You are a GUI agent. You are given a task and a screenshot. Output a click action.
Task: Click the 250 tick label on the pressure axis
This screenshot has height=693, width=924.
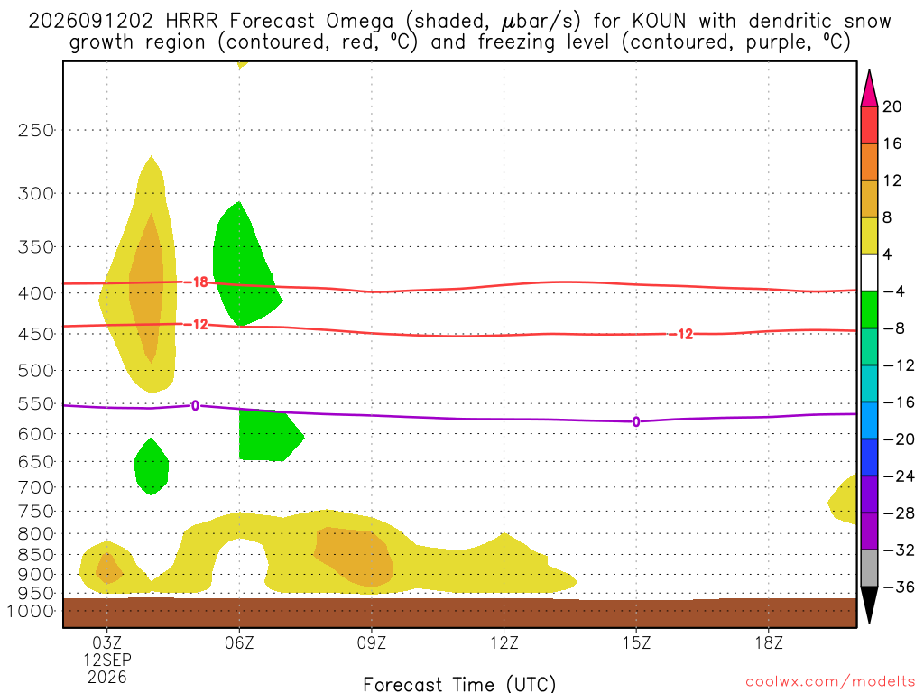tap(36, 130)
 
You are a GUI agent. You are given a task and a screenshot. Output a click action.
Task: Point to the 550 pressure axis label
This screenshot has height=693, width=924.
tap(36, 404)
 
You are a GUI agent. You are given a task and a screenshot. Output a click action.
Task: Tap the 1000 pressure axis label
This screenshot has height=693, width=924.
tap(31, 611)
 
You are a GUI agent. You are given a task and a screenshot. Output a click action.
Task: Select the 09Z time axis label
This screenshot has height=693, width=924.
tap(371, 642)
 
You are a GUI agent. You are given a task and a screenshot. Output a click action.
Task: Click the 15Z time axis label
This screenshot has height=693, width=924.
tap(636, 642)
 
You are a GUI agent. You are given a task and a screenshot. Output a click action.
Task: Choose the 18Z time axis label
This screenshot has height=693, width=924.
tap(769, 642)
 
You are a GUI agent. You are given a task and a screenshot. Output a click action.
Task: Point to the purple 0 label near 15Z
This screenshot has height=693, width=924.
tap(636, 422)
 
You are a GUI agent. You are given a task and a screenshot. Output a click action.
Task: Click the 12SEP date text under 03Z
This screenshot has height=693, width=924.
tap(107, 660)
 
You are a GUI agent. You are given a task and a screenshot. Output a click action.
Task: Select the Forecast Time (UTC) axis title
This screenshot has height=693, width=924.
tap(459, 684)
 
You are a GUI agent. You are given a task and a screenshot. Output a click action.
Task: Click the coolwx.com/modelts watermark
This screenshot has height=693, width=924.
tap(830, 682)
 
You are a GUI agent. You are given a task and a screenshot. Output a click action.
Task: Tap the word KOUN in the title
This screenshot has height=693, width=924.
tap(660, 22)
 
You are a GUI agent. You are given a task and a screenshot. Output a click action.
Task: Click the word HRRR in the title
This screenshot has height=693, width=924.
tap(192, 22)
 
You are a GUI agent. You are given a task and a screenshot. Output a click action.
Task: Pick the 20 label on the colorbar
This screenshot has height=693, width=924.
tap(892, 106)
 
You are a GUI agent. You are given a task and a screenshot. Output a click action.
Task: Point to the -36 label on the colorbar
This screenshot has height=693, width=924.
tap(899, 587)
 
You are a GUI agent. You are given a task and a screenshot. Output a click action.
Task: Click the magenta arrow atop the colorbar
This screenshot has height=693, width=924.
tap(869, 88)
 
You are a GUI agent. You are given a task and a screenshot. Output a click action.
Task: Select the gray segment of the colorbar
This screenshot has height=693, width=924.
tap(869, 568)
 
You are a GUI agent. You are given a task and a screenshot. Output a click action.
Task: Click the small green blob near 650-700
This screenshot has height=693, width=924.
tap(152, 467)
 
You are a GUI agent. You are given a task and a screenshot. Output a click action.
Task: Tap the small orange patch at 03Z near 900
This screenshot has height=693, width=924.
tap(108, 568)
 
